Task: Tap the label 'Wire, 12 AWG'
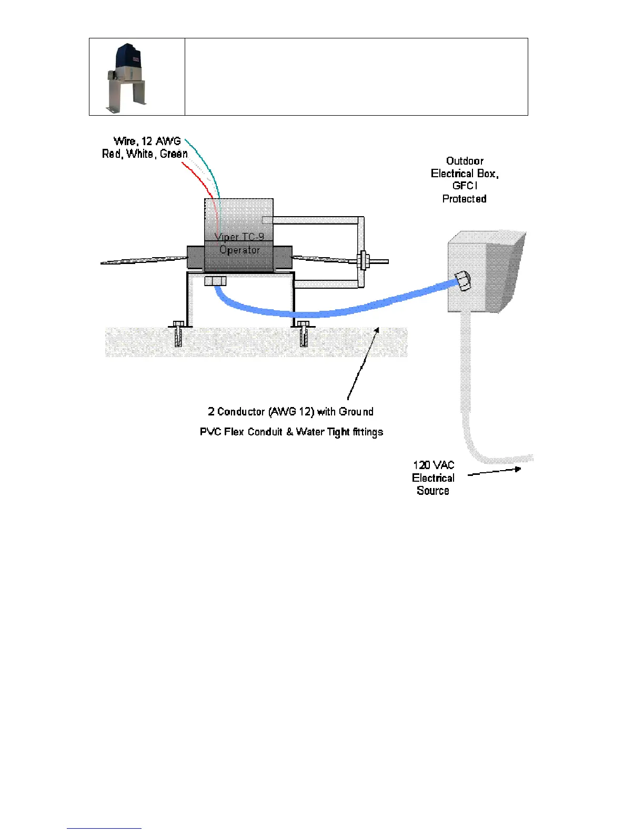tap(147, 141)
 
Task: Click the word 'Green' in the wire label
tap(174, 154)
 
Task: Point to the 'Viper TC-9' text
tap(239, 237)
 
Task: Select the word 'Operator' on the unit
tap(239, 250)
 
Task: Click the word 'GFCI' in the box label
tap(465, 186)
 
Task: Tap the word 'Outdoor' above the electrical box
tap(465, 161)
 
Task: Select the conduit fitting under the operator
tap(215, 281)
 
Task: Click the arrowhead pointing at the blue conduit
tap(377, 330)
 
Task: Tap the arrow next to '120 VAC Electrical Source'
tap(495, 471)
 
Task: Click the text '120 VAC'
tap(434, 465)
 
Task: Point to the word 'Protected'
tap(464, 199)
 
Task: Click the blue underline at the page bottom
tap(104, 828)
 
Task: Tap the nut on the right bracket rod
tap(363, 260)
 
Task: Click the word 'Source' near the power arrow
tap(433, 491)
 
